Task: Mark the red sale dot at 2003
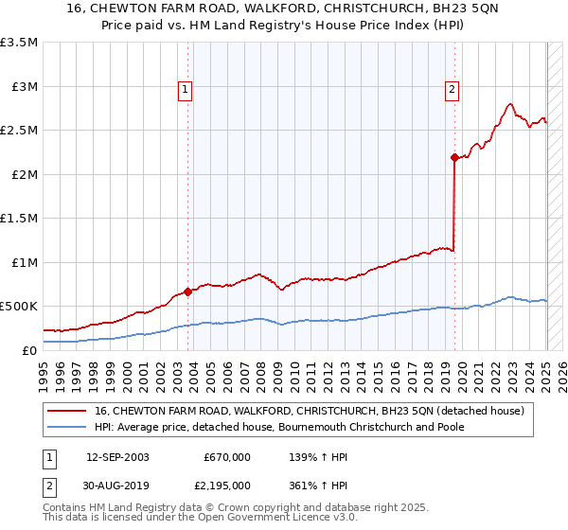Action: tap(187, 291)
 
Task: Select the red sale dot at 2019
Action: tap(454, 157)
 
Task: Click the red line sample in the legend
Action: tap(68, 410)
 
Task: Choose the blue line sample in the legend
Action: tap(68, 427)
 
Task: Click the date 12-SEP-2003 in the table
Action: tap(118, 457)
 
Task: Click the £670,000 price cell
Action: tap(227, 457)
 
